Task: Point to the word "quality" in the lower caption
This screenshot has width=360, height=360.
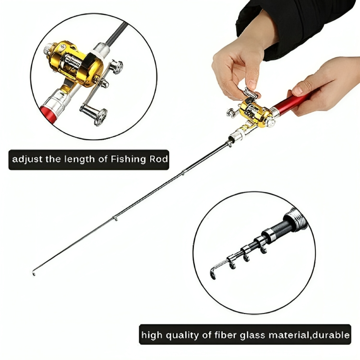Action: coord(182,336)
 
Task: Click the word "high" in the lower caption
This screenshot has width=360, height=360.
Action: coord(152,336)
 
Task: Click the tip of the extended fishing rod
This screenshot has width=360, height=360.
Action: coord(34,274)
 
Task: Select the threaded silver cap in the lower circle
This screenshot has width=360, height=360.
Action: coord(296,220)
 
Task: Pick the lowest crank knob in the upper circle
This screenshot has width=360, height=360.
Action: coord(100,117)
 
